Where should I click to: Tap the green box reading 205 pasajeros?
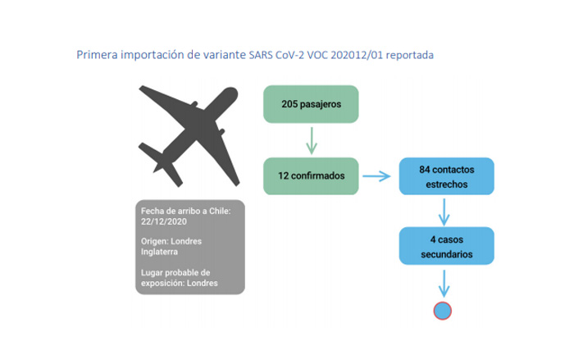pos(312,106)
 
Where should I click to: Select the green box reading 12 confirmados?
pos(312,175)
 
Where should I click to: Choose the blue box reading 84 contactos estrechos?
pos(446,176)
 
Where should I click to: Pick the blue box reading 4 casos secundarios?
pos(446,247)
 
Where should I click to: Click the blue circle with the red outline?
pos(443,311)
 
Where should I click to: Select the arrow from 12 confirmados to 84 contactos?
pos(376,175)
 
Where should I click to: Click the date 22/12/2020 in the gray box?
pos(165,222)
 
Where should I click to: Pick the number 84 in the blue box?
pos(425,169)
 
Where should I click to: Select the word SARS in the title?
pos(268,56)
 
